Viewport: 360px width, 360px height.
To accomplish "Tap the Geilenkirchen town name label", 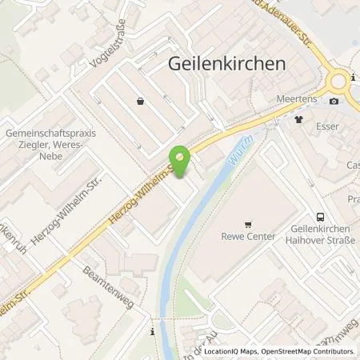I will coord(226,65).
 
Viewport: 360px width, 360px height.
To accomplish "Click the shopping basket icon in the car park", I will coord(142,102).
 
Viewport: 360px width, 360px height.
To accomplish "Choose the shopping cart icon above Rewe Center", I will coord(248,225).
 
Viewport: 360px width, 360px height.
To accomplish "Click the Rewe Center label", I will coord(248,237).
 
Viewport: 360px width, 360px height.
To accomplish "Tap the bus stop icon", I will coord(321,216).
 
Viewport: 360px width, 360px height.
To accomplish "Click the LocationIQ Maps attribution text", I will coord(231,351).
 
